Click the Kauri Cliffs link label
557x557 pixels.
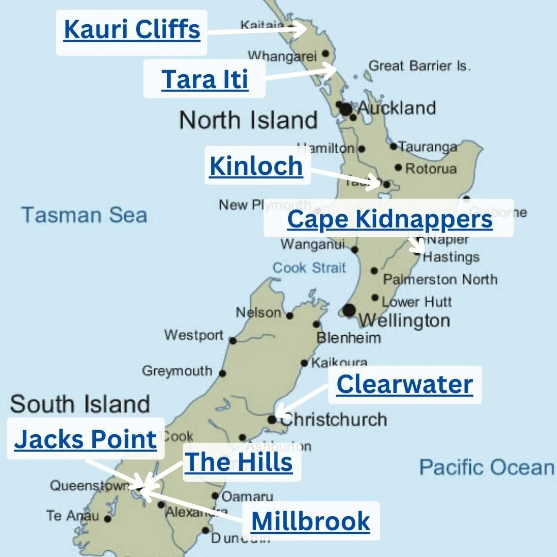point(132,30)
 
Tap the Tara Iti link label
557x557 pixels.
point(205,79)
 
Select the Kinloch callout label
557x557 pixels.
point(256,166)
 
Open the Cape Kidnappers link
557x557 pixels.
point(389,219)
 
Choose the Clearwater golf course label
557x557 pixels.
point(404,385)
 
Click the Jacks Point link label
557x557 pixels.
point(85,439)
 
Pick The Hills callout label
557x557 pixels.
point(238,462)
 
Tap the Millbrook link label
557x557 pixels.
point(310,521)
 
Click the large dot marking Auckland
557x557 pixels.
point(346,109)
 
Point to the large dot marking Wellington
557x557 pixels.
point(349,310)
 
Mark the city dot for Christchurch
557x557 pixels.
point(272,419)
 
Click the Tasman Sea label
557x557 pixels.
point(84,215)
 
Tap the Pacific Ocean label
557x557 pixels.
point(486,467)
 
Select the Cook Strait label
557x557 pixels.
point(309,268)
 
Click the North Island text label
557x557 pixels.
point(248,120)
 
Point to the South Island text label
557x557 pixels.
point(80,404)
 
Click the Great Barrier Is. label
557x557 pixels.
point(419,66)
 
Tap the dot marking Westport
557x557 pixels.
point(233,340)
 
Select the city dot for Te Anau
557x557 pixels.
point(107,519)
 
